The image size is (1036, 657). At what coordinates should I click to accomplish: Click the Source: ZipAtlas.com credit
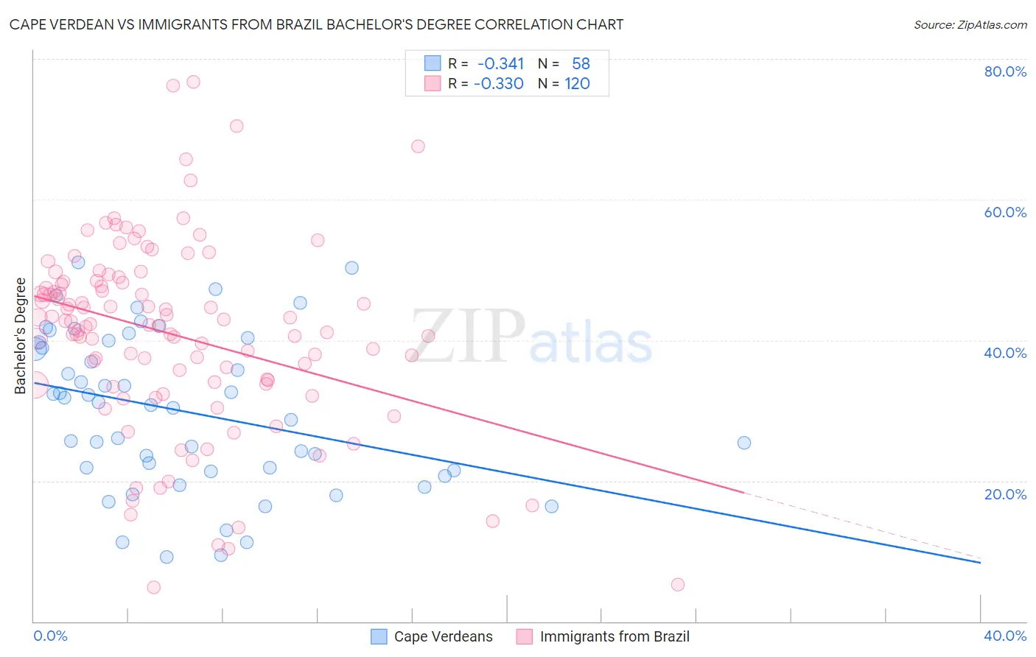(970, 25)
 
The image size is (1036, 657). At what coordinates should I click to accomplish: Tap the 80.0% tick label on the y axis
(1005, 71)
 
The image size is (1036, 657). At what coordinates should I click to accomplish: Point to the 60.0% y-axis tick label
(1005, 212)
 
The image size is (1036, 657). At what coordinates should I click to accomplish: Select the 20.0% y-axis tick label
(1005, 494)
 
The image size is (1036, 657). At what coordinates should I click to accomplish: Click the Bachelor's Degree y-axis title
(21, 336)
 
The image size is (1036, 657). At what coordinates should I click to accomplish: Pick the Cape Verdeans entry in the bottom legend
(443, 637)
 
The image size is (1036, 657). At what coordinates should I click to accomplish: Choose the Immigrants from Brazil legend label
(615, 637)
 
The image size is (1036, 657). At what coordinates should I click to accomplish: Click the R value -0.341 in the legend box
(500, 64)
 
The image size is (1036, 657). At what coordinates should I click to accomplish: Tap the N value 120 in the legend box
(577, 84)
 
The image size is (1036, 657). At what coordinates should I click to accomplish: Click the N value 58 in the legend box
(581, 64)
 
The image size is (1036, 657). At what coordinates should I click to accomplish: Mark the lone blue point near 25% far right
(744, 443)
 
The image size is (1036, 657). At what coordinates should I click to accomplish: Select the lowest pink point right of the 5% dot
(678, 585)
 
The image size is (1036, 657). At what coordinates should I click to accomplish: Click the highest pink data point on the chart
(193, 82)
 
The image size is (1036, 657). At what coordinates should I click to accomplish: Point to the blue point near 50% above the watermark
(351, 268)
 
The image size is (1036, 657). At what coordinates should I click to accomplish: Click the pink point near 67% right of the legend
(418, 147)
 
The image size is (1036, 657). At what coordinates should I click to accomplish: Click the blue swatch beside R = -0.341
(433, 64)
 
